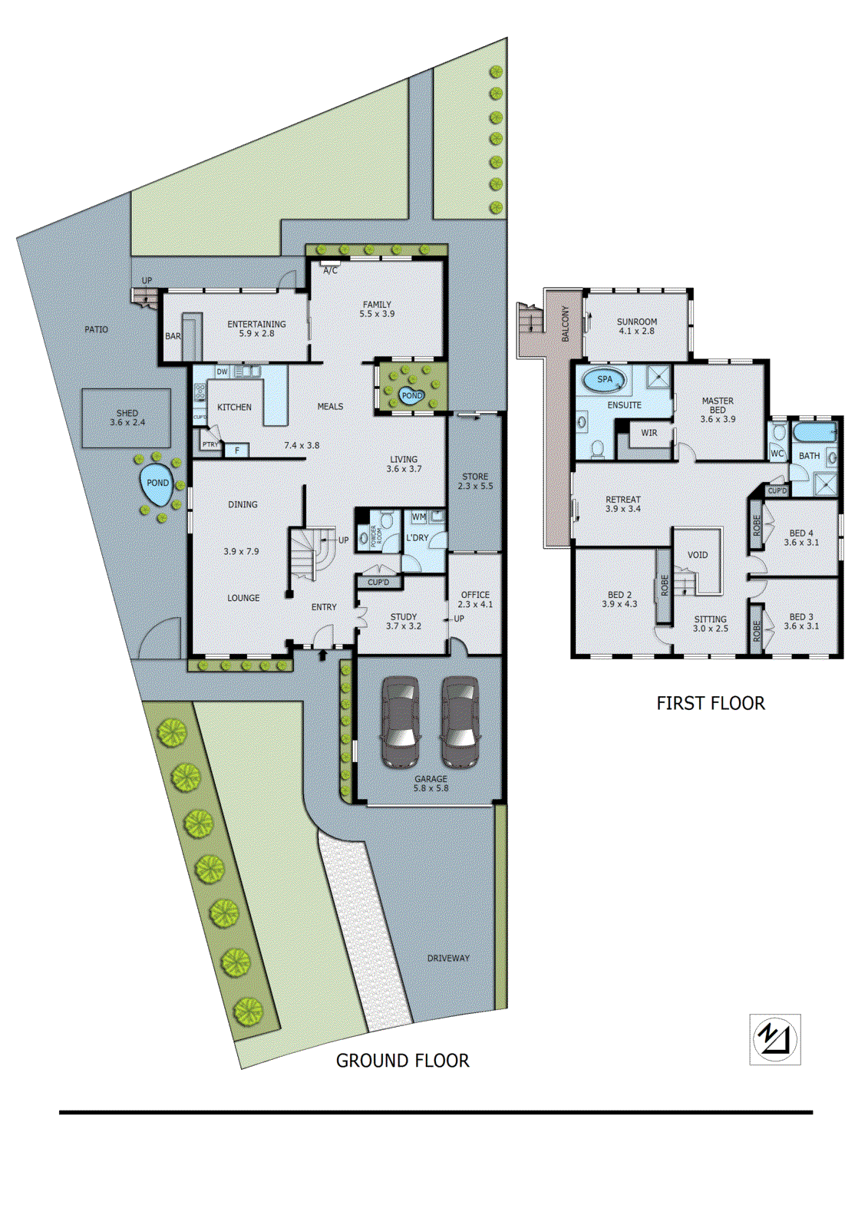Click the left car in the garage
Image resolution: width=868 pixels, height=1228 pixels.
[x=401, y=721]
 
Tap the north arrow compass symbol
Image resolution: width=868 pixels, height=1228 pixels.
[x=774, y=1039]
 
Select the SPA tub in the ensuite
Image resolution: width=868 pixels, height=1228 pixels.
[x=605, y=379]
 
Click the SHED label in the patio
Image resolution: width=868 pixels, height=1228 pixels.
[x=127, y=413]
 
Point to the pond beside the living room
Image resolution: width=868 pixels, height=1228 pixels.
[x=412, y=395]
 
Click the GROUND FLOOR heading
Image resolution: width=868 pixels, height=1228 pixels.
[x=402, y=1061]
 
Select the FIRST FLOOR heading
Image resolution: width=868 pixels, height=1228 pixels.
[x=710, y=703]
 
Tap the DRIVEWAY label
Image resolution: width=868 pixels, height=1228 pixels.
[x=448, y=958]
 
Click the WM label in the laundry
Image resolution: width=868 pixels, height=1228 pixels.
[x=418, y=517]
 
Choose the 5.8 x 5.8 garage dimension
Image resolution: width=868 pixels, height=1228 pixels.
[x=431, y=788]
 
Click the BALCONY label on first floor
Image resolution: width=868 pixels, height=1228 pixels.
[x=566, y=324]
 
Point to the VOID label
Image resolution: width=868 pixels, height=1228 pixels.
[x=697, y=555]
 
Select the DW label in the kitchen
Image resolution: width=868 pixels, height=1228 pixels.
[x=222, y=371]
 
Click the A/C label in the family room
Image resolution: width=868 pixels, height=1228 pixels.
[x=330, y=271]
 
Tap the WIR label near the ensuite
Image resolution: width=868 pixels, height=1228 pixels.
[x=649, y=433]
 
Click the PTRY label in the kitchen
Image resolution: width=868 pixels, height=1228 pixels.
[x=210, y=444]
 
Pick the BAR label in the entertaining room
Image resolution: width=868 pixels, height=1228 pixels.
[x=173, y=336]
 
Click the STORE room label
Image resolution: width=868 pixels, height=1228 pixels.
[x=475, y=477]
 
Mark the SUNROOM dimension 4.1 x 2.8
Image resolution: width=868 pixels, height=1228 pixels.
[x=637, y=332]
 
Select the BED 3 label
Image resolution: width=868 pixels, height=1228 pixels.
[x=800, y=616]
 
